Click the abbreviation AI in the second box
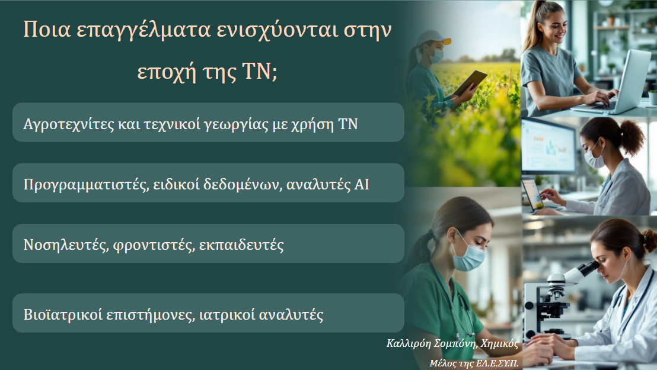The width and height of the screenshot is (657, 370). pyautogui.click(x=361, y=184)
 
